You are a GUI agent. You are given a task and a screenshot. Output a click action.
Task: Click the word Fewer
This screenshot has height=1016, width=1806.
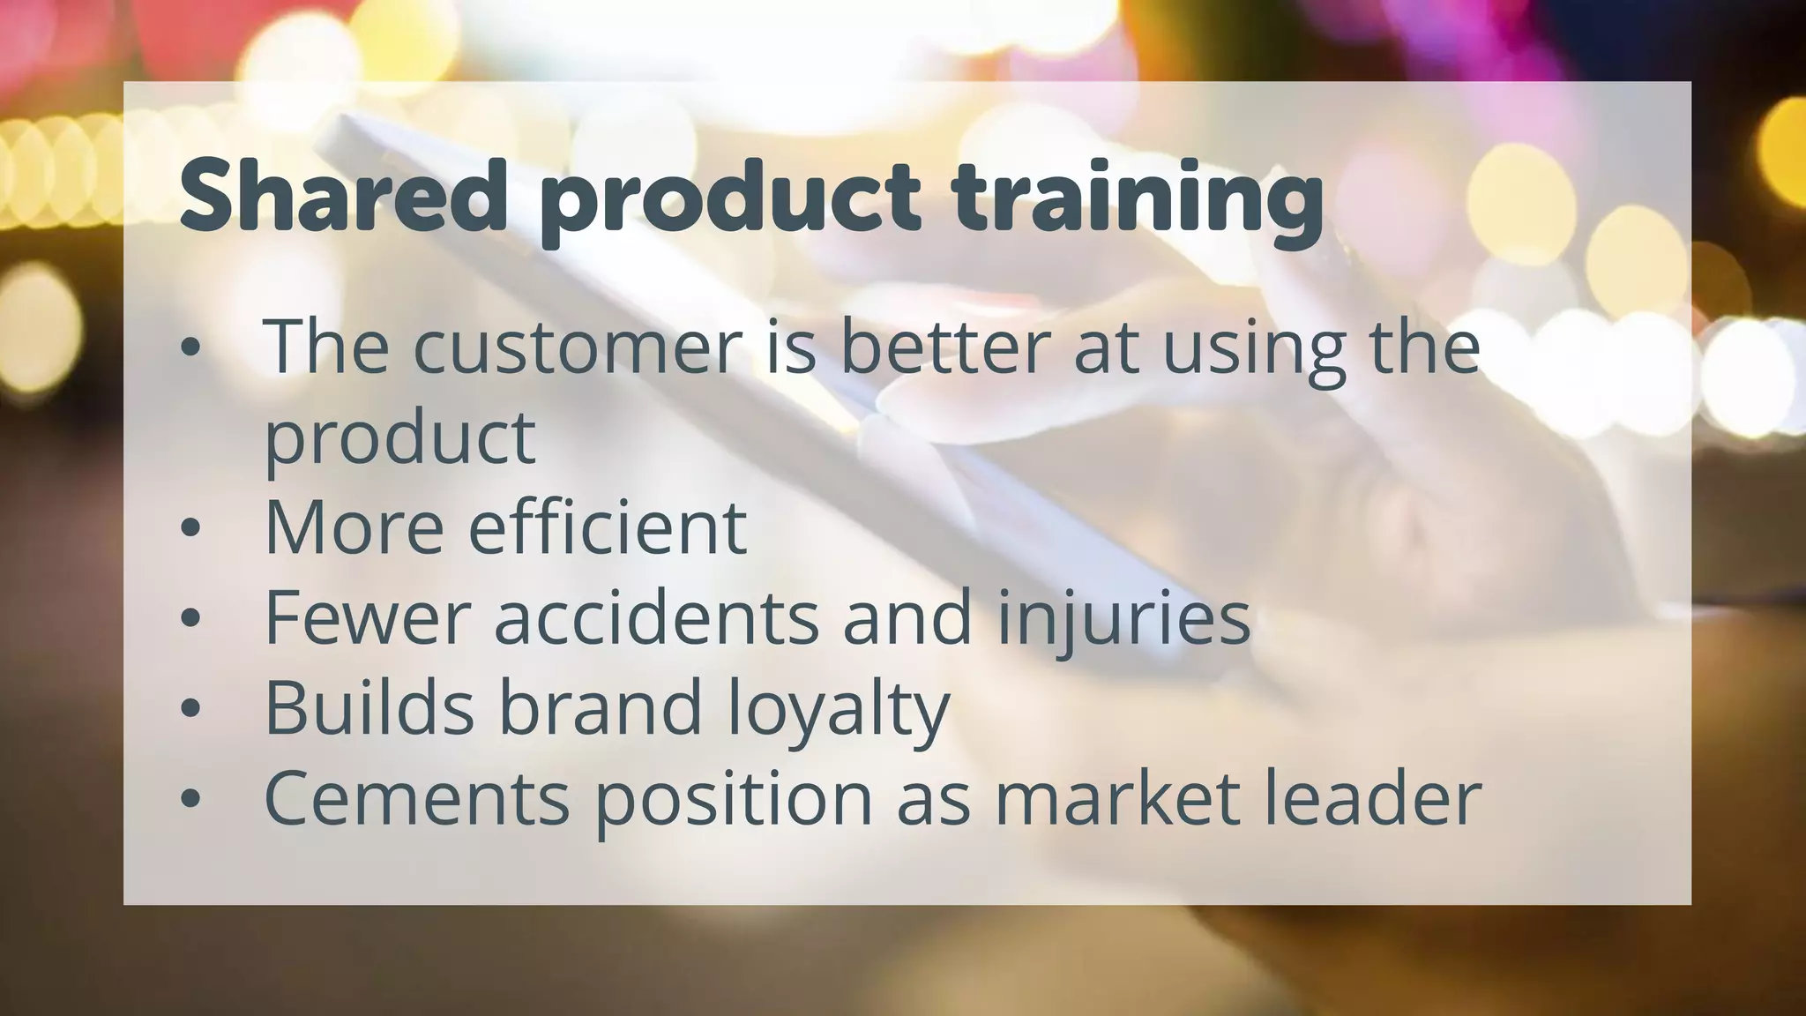pos(367,618)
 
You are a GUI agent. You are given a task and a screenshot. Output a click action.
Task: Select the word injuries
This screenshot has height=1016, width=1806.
pos(1123,618)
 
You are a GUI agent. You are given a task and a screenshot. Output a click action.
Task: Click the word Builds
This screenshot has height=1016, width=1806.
pos(369,708)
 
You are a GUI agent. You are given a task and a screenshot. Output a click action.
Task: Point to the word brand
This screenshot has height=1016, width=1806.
pos(601,708)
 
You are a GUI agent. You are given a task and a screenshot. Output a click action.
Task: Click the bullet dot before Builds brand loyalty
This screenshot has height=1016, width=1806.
pos(190,709)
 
